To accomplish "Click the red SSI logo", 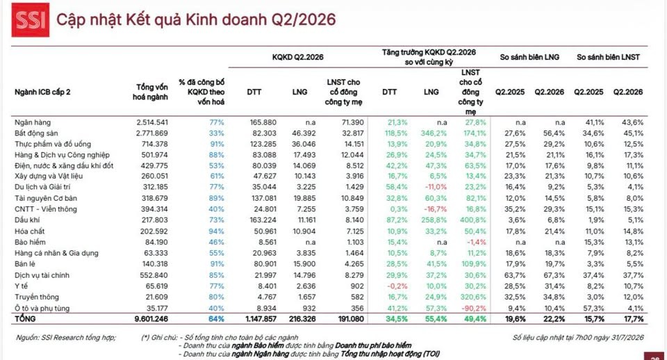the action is click(x=30, y=19).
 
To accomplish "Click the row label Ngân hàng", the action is click(x=33, y=122).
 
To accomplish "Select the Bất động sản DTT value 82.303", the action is click(x=263, y=133).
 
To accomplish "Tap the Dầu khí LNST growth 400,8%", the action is click(x=473, y=220).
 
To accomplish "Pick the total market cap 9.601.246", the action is click(x=151, y=319).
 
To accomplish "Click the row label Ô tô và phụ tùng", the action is click(x=42, y=308).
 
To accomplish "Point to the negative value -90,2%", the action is click(x=475, y=308).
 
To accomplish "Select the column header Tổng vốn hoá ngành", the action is click(x=150, y=92).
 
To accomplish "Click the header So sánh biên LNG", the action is click(x=529, y=57).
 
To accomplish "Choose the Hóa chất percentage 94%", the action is click(x=217, y=231).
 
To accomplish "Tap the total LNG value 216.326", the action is click(x=300, y=319).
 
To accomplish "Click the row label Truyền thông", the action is click(x=37, y=297).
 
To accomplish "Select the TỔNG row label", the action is click(x=25, y=319).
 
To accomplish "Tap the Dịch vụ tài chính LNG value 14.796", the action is click(x=304, y=275).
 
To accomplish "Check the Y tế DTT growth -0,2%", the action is click(x=397, y=286).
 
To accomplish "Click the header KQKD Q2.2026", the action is click(x=298, y=57).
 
